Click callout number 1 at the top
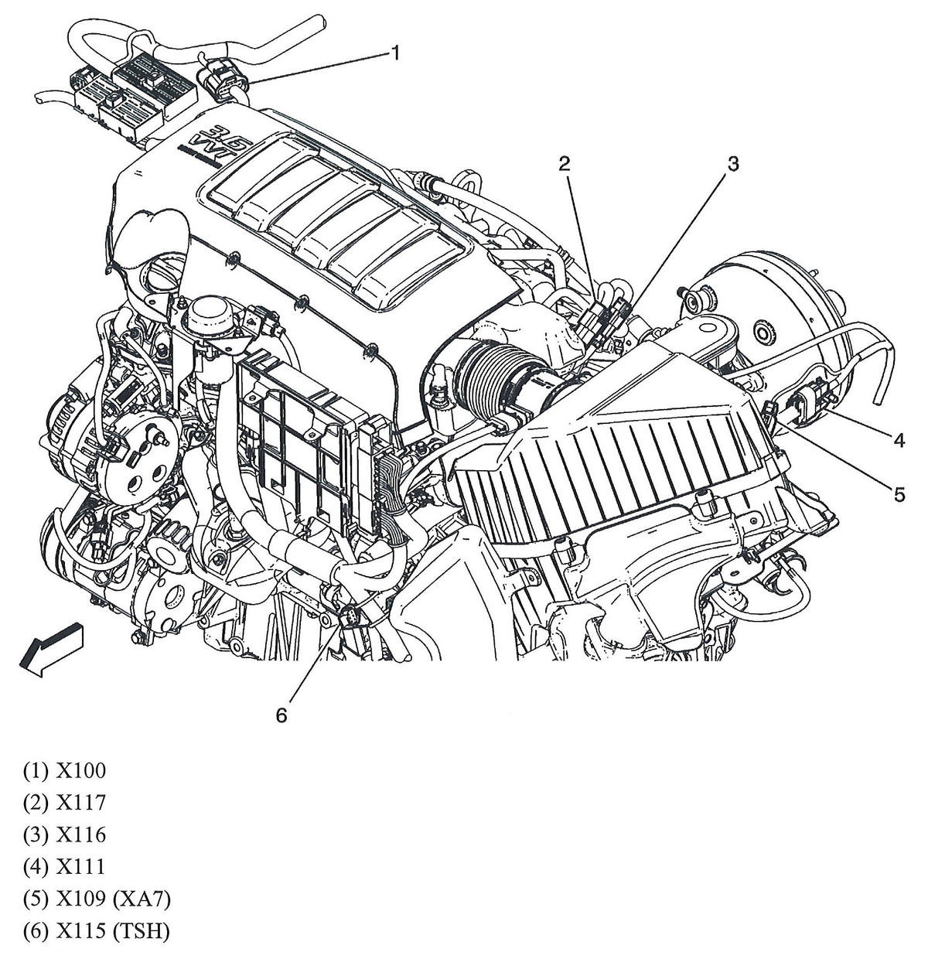click(x=396, y=53)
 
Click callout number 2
click(x=565, y=162)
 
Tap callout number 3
click(x=732, y=163)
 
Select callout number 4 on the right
click(x=899, y=440)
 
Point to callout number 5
click(x=899, y=493)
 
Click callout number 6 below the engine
click(x=281, y=715)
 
